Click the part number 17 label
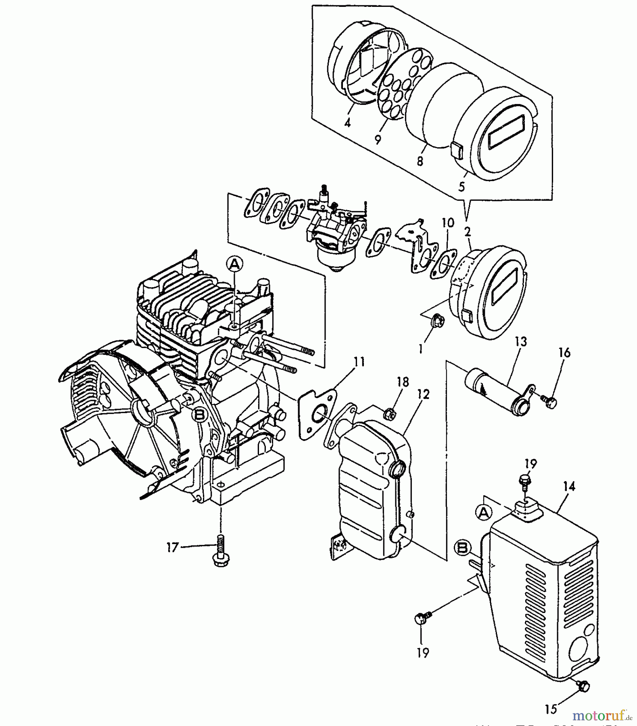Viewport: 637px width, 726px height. (172, 547)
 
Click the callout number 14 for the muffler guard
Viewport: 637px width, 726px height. (569, 487)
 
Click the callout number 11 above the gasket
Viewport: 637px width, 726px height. (359, 362)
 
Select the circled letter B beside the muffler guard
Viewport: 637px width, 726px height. (462, 548)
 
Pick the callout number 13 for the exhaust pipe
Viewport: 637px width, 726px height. (521, 342)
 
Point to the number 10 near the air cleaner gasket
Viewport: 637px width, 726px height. (448, 223)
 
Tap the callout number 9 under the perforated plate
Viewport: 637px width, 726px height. (378, 140)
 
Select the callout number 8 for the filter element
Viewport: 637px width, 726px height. (420, 161)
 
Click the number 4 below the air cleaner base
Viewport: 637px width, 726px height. (348, 122)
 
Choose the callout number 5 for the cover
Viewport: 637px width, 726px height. (462, 186)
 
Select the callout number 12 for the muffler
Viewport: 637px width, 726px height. (424, 394)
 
